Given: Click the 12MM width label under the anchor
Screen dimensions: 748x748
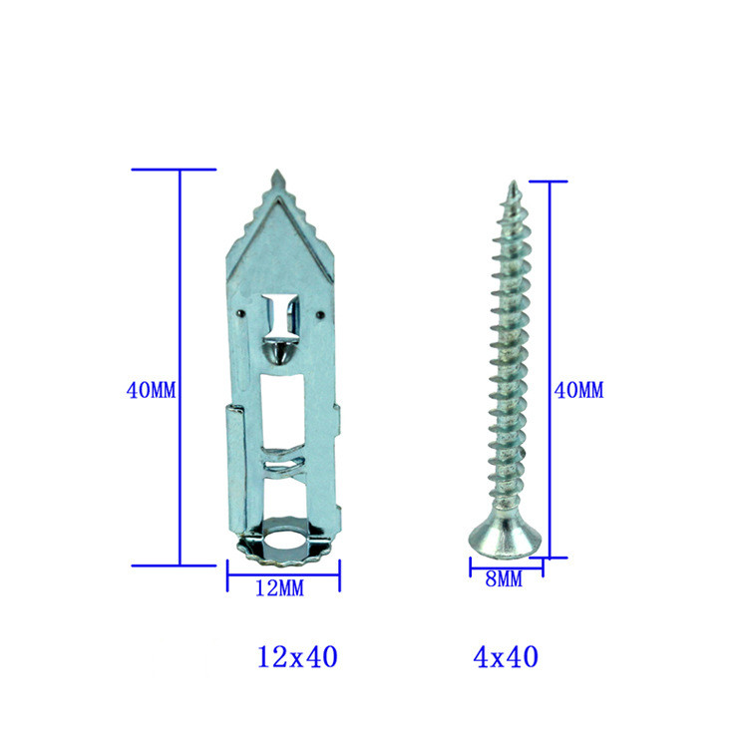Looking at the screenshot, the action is tap(279, 587).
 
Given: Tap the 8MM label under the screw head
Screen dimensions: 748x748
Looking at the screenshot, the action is tap(504, 579).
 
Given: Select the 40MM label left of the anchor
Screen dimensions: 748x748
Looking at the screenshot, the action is tap(151, 390).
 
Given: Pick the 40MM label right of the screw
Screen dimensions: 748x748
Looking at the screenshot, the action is tap(578, 390).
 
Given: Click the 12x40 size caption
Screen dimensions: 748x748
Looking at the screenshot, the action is tap(297, 656).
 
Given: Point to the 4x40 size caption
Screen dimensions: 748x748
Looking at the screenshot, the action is tap(506, 656).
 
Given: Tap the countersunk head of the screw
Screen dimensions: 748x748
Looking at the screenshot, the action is tap(506, 539).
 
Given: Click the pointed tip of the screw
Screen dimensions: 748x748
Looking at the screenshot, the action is tap(514, 182).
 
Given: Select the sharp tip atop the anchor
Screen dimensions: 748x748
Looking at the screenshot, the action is tap(277, 171).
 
